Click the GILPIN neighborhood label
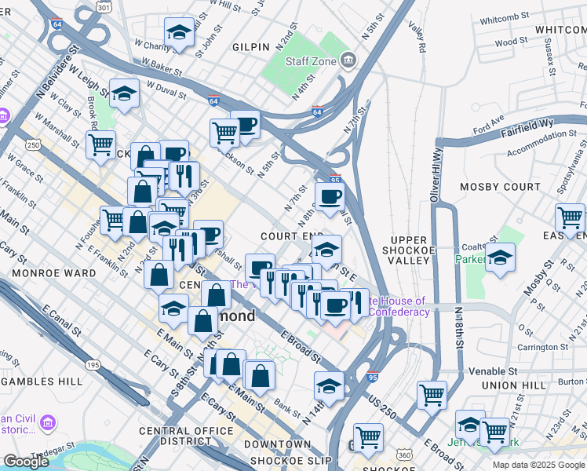[x=251, y=47]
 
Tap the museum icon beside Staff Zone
[x=350, y=60]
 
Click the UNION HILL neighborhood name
[x=511, y=385]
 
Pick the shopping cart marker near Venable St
[x=432, y=394]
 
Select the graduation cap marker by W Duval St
[x=124, y=93]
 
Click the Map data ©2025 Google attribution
[x=538, y=465]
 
